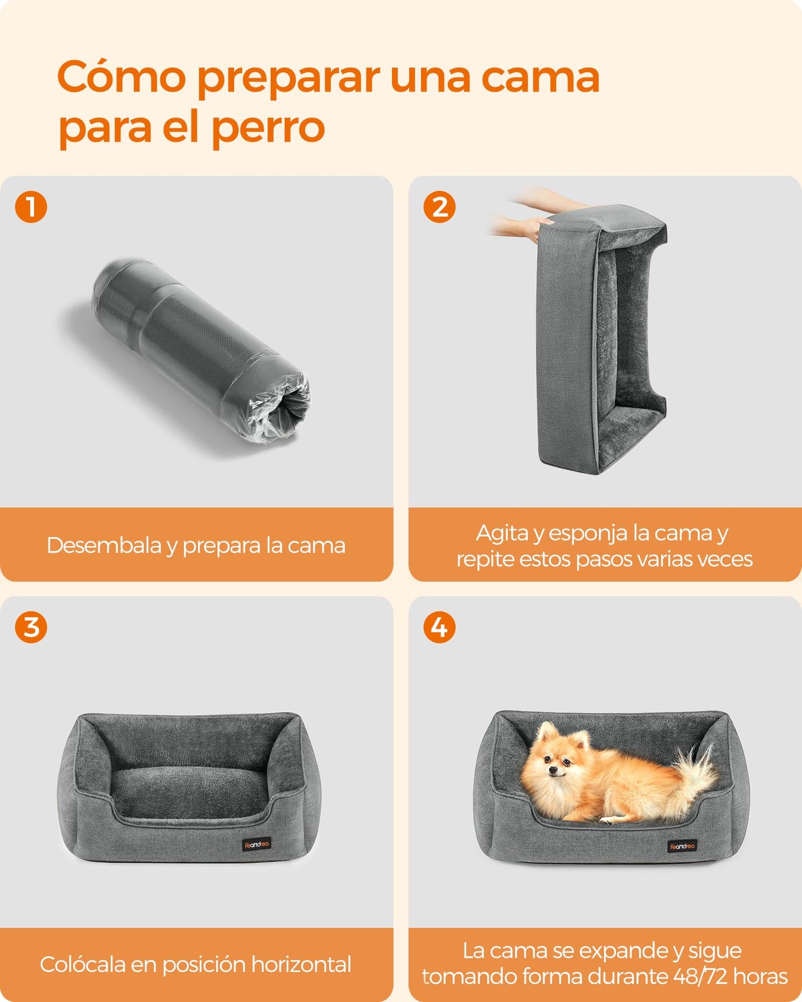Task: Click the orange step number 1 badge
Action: click(31, 207)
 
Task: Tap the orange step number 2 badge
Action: click(440, 207)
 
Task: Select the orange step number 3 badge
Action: click(31, 627)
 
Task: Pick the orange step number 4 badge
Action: click(440, 627)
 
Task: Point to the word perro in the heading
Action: click(268, 128)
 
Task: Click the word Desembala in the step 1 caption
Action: click(104, 545)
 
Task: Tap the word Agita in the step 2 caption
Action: click(502, 533)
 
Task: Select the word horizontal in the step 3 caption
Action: click(301, 964)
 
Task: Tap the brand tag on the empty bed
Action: click(256, 845)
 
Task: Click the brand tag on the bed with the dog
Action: click(682, 846)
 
